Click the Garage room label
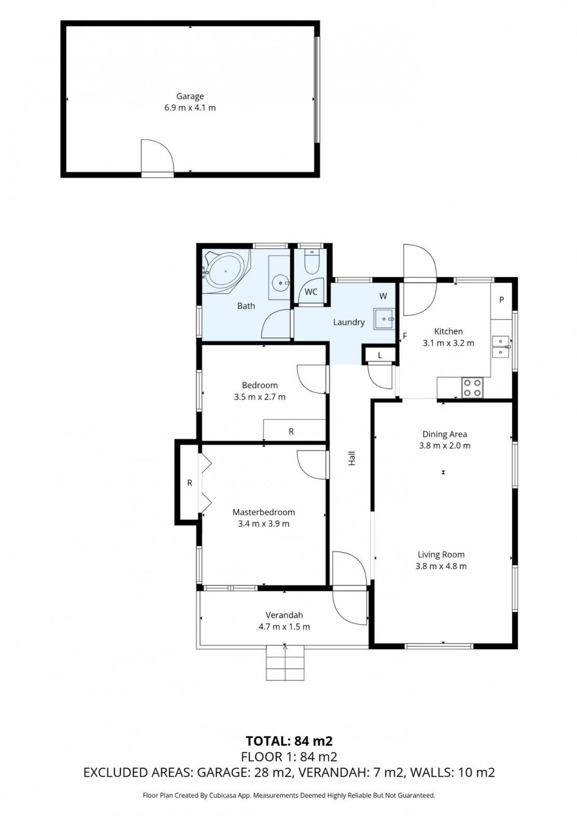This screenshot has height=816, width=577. (190, 97)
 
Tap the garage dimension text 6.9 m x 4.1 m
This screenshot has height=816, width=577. (190, 108)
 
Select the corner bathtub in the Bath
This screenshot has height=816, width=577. (226, 271)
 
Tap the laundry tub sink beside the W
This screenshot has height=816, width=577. (384, 319)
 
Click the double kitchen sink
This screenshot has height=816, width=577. (501, 347)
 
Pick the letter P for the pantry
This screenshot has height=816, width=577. (501, 300)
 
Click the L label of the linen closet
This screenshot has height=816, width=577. (380, 356)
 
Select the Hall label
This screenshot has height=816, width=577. (352, 458)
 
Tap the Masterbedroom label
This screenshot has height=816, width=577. (264, 512)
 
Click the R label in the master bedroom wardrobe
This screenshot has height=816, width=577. (189, 483)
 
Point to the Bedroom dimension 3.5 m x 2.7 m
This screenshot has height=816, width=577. (260, 397)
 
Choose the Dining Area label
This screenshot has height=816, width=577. (444, 434)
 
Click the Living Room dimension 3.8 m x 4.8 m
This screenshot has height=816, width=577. (441, 565)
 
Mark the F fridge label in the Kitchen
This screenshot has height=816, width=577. (405, 336)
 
